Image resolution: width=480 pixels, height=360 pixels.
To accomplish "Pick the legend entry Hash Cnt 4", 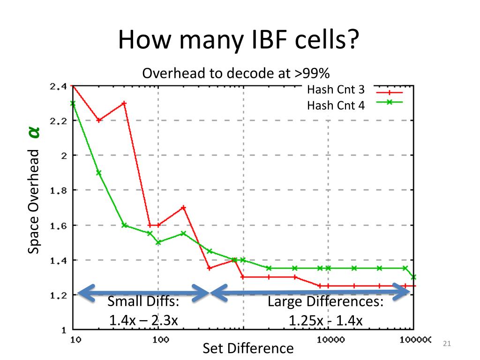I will pos(335,105).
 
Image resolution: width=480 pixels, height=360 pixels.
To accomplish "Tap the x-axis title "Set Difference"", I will pos(248,348).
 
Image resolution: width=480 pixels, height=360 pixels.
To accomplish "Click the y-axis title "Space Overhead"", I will pos(33,202).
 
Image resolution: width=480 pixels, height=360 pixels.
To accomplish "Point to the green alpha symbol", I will pos(34,133).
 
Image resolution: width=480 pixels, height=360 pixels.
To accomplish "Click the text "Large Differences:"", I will pos(325,301).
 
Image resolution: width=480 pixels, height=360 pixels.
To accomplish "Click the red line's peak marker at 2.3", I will pos(124,103).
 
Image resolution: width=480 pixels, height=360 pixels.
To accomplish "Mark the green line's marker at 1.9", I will pos(99,172).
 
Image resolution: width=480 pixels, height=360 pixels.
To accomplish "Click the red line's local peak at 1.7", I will pos(183,207).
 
